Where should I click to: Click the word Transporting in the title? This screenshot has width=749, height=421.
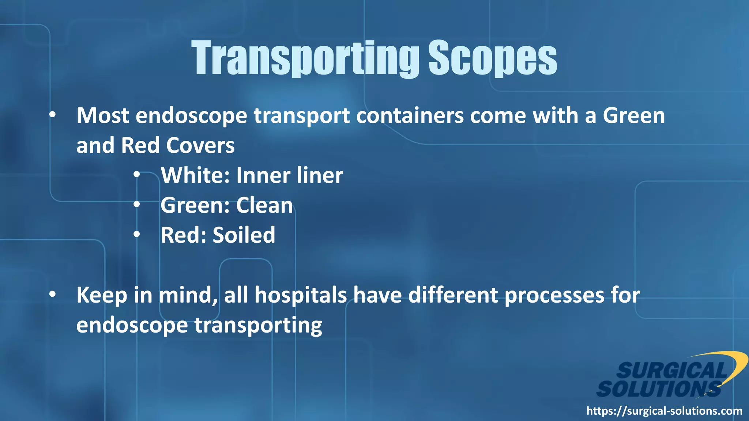[305, 58]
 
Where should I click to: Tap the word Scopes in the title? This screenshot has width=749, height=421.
[493, 58]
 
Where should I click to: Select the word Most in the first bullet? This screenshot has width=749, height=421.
[103, 115]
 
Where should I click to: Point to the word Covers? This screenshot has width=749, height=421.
[200, 145]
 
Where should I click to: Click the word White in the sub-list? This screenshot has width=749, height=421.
[195, 175]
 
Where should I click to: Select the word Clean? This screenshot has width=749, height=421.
[264, 205]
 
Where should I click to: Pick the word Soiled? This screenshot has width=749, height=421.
[244, 235]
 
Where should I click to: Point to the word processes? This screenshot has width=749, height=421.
[554, 295]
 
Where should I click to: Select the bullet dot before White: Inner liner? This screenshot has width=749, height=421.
[137, 175]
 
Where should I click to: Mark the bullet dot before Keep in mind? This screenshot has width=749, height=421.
[53, 294]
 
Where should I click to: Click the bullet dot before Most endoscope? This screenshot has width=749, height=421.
[53, 115]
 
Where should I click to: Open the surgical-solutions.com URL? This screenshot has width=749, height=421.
[664, 411]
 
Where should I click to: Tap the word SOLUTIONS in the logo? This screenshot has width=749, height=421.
[658, 389]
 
